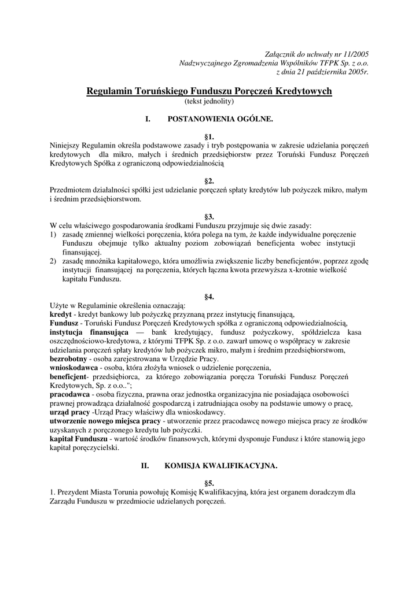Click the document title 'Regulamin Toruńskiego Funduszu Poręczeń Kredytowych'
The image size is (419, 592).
tap(209, 91)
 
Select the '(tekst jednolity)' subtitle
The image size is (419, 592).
tap(209, 101)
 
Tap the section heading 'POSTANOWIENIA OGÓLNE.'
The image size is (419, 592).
tap(219, 119)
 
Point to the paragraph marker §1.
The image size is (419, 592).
tap(209, 136)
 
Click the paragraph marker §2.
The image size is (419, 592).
tap(209, 181)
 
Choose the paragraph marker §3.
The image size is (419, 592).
tap(209, 216)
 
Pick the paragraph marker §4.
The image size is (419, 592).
tap(209, 297)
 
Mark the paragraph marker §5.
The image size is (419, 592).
tap(209, 483)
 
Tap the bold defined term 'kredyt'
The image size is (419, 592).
tap(60, 314)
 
